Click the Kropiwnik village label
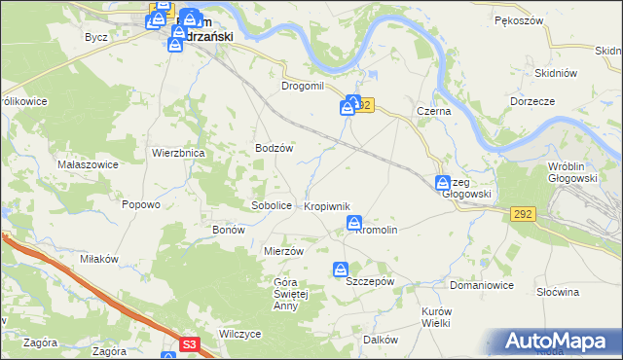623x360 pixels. [x=333, y=207]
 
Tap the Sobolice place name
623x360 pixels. [x=272, y=206]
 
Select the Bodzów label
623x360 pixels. [x=274, y=148]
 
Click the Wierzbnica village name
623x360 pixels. [x=177, y=153]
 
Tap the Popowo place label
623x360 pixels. [x=140, y=204]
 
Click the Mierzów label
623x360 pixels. [x=285, y=250]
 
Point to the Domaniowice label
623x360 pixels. [x=481, y=286]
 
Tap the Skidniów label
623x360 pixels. [x=557, y=73]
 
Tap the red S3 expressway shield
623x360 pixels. [x=191, y=343]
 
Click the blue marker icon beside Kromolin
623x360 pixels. [x=355, y=225]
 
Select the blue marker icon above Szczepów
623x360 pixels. [x=341, y=270]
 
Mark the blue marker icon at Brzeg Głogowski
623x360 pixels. [x=442, y=182]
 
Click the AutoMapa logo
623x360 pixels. [x=558, y=342]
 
